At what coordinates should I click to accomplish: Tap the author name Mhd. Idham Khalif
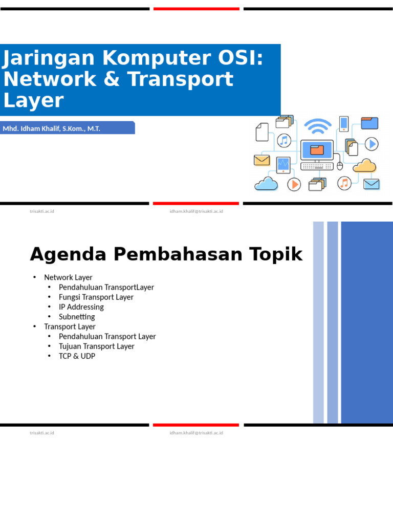(x=31, y=128)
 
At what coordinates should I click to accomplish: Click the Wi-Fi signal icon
(x=318, y=126)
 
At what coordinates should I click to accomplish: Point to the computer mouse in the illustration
(x=340, y=166)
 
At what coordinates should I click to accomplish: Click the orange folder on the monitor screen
(x=317, y=150)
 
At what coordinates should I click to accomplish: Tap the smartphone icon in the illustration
(x=343, y=124)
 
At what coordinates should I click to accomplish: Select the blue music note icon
(x=283, y=141)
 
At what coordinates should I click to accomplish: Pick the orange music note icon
(x=344, y=183)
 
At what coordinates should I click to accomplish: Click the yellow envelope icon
(x=261, y=160)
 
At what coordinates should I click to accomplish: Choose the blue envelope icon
(x=371, y=184)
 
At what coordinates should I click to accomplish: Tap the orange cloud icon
(x=364, y=165)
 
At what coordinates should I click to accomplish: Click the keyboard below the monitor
(x=316, y=166)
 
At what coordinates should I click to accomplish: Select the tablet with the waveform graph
(x=283, y=165)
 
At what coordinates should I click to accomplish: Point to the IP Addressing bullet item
(x=81, y=307)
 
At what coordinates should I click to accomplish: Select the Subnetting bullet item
(x=77, y=317)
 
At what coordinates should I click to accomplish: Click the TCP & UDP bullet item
(x=77, y=356)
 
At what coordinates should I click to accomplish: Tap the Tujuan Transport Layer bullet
(x=96, y=346)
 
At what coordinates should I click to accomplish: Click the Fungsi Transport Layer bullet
(x=96, y=297)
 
